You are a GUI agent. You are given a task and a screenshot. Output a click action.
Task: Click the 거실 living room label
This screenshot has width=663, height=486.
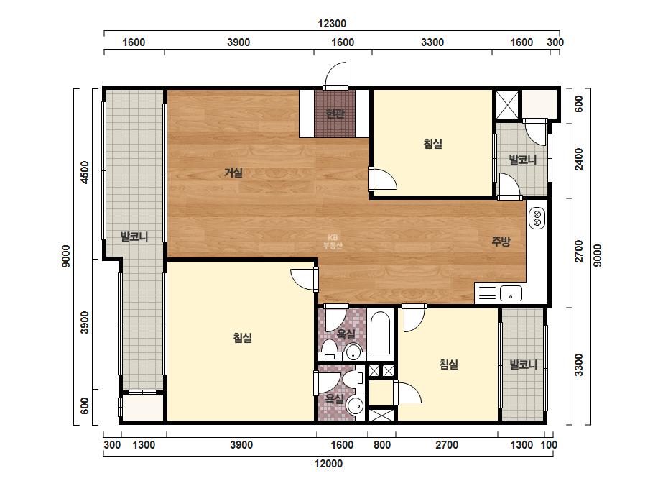233,173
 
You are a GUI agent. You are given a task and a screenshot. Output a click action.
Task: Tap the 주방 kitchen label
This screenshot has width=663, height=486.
501,242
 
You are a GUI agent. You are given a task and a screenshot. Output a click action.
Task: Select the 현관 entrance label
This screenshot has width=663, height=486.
335,113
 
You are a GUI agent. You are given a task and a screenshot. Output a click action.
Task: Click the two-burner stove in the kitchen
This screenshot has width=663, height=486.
537,218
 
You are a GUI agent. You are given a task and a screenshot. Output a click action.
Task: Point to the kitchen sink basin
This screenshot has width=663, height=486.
511,293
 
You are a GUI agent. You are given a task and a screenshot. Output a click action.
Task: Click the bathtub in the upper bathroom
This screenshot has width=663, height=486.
380,334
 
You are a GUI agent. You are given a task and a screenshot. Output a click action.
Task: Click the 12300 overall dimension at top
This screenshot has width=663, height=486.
332,23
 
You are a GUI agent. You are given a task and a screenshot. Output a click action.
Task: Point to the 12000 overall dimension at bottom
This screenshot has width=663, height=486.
328,464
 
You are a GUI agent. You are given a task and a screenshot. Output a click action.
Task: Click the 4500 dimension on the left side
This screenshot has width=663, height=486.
85,172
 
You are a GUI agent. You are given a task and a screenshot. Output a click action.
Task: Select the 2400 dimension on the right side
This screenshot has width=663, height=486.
579,159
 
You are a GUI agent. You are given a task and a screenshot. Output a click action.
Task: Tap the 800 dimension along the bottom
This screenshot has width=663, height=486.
382,445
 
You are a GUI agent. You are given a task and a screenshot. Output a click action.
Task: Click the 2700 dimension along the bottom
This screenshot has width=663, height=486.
447,445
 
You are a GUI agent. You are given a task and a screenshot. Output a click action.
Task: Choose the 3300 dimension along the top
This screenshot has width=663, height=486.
432,42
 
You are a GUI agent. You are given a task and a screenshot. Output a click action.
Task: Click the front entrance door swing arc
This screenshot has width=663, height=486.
335,72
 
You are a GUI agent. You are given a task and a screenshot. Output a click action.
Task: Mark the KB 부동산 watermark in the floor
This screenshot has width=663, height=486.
333,242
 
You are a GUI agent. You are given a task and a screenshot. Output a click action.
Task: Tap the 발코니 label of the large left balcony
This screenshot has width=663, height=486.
134,237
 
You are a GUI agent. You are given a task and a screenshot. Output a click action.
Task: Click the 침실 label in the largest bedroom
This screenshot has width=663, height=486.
243,337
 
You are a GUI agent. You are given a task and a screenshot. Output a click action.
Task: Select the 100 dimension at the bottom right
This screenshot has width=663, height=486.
550,445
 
